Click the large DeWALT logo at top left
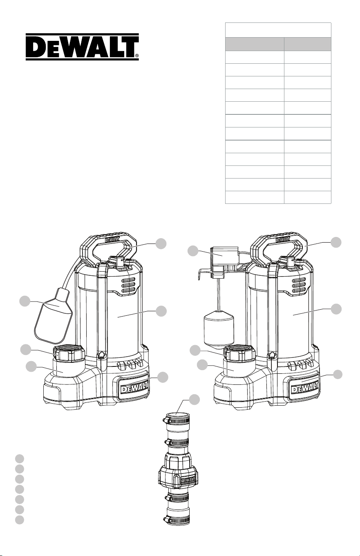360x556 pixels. [x=82, y=47]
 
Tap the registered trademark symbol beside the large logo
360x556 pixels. [x=136, y=56]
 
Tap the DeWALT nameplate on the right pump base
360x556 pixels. [x=305, y=388]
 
